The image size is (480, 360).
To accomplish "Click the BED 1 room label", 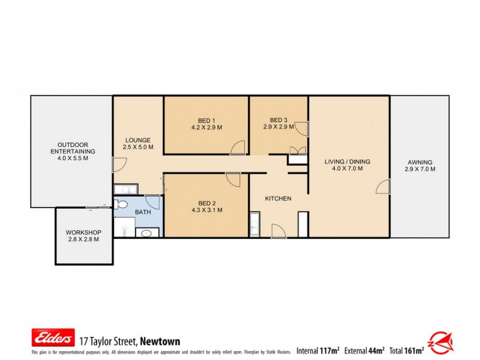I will click(x=206, y=119).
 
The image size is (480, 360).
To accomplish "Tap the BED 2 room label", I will click(x=206, y=202).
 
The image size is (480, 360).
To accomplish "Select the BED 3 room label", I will click(x=278, y=119).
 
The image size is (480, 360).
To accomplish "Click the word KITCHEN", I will click(x=278, y=199).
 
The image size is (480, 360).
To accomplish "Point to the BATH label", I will click(x=143, y=212).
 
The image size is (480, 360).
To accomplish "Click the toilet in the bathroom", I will click(x=125, y=228).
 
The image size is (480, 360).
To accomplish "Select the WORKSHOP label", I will click(x=83, y=233).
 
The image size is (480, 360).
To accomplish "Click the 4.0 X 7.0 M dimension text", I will click(x=347, y=169).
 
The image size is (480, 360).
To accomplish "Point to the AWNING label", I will click(x=419, y=162).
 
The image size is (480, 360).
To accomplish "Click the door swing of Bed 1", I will click(x=238, y=148).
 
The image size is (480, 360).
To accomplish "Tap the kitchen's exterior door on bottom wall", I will click(x=278, y=231).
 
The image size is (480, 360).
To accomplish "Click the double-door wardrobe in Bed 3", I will click(x=294, y=152).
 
